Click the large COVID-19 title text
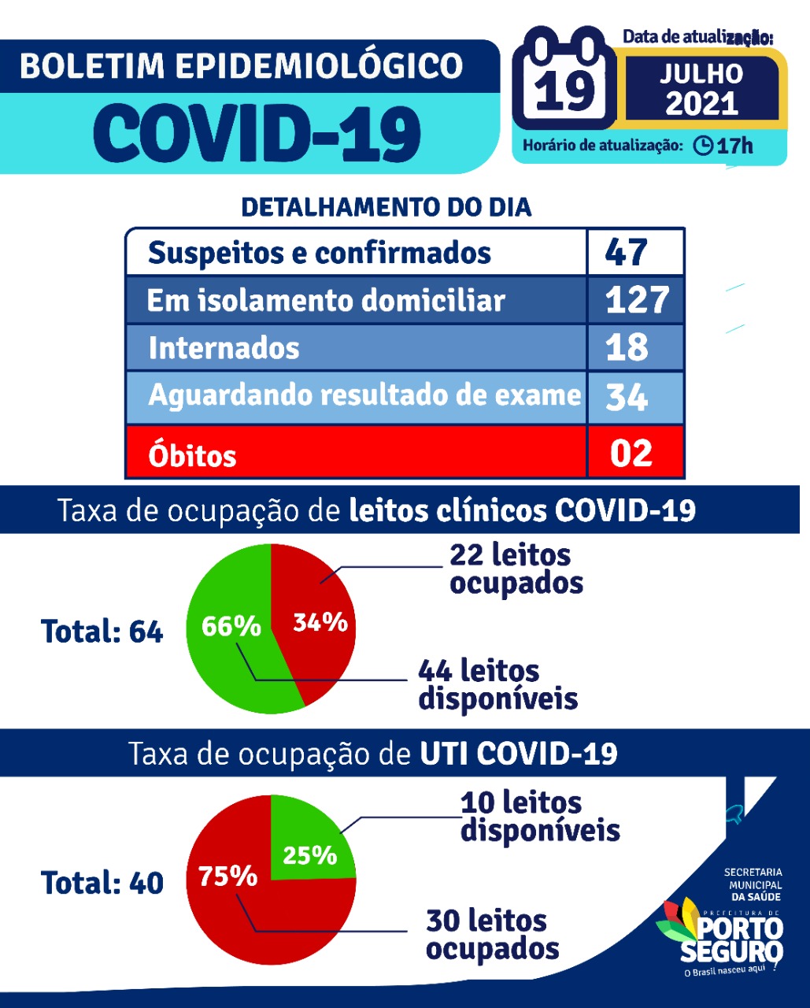[257, 133]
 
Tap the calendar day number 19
[564, 91]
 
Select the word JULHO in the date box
[701, 74]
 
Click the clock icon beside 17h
[703, 146]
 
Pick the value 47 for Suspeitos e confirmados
[627, 253]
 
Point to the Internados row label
[224, 348]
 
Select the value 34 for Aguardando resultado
[627, 396]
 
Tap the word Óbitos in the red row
[192, 455]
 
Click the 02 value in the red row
[631, 454]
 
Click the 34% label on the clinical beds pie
[320, 622]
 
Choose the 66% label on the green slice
[231, 626]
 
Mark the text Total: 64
[102, 632]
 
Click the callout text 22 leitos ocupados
[516, 569]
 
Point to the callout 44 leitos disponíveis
[497, 684]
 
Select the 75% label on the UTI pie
[227, 876]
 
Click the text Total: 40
[102, 883]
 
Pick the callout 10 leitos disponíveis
[540, 816]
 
